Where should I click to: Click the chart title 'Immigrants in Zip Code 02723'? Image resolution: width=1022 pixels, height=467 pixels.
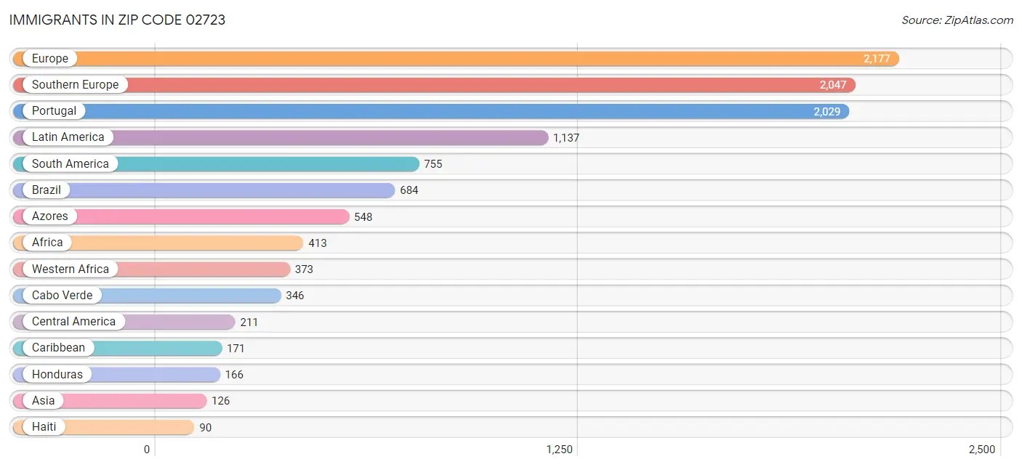click(117, 20)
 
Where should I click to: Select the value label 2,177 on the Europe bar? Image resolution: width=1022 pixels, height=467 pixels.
click(877, 59)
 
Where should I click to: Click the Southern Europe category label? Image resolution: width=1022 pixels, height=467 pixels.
click(75, 85)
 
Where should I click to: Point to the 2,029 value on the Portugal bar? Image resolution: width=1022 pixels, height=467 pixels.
click(827, 111)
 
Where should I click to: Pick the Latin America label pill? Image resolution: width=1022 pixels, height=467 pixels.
click(68, 137)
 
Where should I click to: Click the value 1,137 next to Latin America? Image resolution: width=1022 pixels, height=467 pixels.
click(566, 138)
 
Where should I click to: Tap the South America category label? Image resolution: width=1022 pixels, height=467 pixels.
click(70, 164)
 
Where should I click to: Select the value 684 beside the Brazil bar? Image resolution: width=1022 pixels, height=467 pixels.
click(409, 190)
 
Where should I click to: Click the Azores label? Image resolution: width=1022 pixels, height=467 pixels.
click(49, 216)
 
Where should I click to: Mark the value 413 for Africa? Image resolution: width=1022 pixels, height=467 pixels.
click(318, 243)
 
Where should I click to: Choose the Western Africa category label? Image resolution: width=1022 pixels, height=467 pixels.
click(70, 269)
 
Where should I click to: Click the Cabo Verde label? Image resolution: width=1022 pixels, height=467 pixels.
click(62, 296)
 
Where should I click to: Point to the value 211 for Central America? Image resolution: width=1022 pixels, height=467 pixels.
click(249, 322)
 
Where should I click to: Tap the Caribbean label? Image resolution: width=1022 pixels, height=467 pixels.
click(58, 348)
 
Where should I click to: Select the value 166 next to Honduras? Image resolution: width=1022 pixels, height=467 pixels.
click(234, 375)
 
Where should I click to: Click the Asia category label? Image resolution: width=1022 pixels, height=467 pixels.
click(43, 401)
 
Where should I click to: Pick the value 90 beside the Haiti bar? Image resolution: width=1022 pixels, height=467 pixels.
click(206, 428)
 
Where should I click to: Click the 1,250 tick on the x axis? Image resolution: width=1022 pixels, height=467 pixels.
click(560, 450)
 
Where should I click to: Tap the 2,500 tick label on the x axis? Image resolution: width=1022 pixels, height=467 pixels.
click(981, 450)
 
